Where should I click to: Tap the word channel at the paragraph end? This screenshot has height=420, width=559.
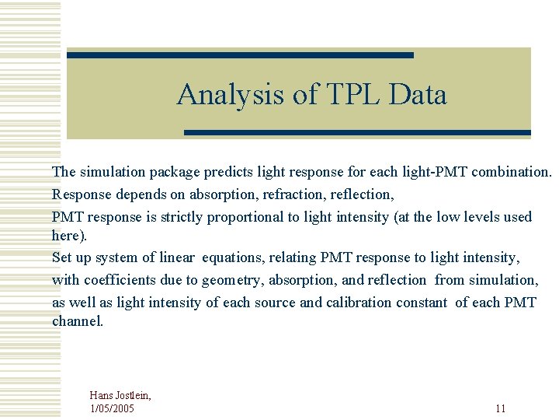tap(76, 320)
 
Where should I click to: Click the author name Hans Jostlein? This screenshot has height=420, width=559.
tap(120, 396)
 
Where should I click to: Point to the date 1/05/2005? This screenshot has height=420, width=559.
tap(112, 408)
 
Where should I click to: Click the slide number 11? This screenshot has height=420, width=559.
tap(500, 408)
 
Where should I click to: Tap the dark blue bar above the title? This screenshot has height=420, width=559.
tap(240, 55)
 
